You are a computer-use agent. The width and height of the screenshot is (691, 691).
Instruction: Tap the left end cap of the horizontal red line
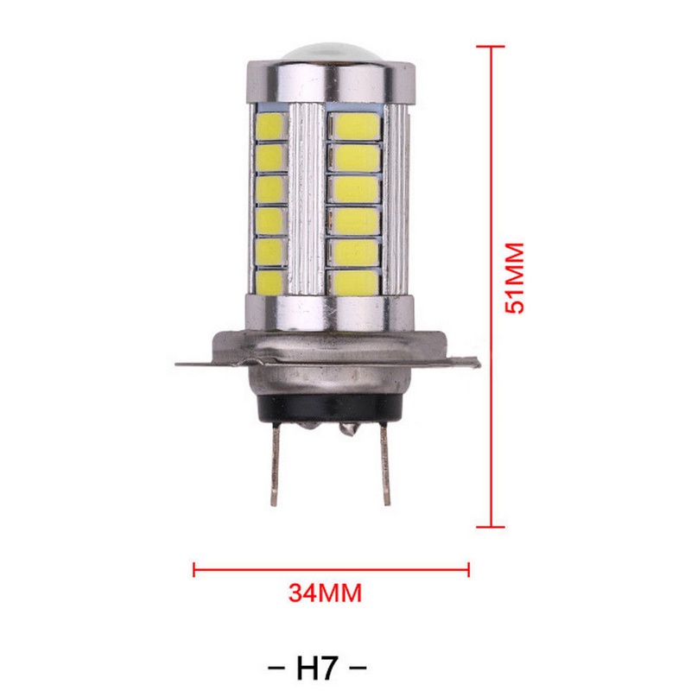[x=193, y=569]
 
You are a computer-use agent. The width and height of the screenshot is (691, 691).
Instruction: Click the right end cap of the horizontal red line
[x=469, y=569]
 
